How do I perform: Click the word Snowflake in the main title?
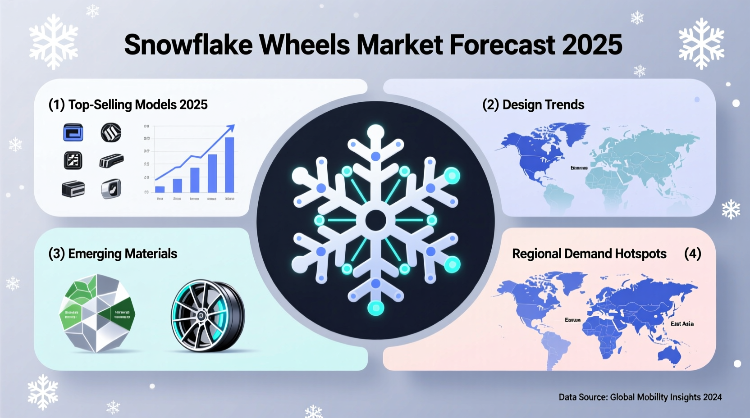pos(187,45)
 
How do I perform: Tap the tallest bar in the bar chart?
pos(229,165)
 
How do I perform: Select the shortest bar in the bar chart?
pos(160,189)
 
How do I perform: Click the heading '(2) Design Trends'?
pos(533,104)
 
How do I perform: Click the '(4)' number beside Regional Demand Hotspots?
pos(692,254)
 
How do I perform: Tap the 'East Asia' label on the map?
pos(681,323)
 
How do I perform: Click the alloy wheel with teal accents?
pos(207,315)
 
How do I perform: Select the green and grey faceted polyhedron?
pos(97,313)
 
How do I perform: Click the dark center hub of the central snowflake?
pos(375,220)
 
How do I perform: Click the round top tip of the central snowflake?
pos(375,132)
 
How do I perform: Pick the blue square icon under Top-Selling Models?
pos(73,133)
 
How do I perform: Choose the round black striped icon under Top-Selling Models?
pos(111,133)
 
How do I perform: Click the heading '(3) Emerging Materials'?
pos(113,254)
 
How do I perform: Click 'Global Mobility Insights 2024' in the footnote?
pos(666,397)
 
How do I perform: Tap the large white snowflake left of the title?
pos(54,41)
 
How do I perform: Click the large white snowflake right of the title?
pos(701,43)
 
